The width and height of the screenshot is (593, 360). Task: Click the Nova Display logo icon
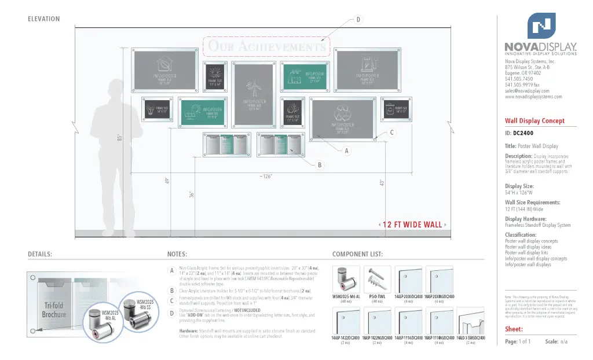coord(541,25)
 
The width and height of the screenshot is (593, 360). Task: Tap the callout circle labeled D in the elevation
coord(358,20)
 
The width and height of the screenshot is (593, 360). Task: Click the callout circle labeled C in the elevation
coord(391,133)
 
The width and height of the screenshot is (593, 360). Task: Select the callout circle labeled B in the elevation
coord(319,166)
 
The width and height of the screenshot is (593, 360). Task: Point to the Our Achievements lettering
coord(266,46)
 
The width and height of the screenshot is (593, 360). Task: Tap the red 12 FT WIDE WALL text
coord(412,225)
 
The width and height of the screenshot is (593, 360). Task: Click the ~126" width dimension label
coord(266,175)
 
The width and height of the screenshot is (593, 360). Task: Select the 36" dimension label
coord(192,194)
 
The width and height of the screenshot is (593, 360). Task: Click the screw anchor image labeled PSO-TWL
coord(376,280)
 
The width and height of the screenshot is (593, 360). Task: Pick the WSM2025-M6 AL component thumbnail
coord(346,280)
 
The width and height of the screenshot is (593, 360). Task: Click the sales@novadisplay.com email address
coord(527,91)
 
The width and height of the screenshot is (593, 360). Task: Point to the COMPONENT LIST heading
coord(357,254)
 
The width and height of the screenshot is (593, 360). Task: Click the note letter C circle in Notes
coord(172,301)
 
